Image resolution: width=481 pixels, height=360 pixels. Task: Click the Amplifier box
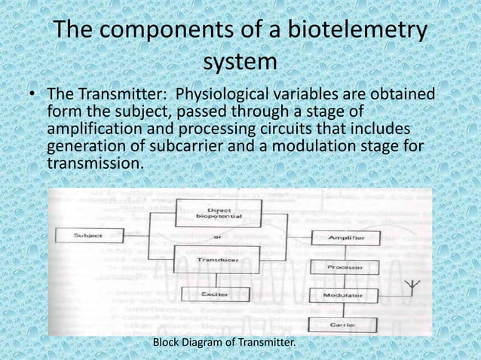point(342,238)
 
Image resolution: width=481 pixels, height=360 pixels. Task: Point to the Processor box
point(342,267)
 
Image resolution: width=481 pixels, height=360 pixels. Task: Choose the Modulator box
point(342,295)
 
